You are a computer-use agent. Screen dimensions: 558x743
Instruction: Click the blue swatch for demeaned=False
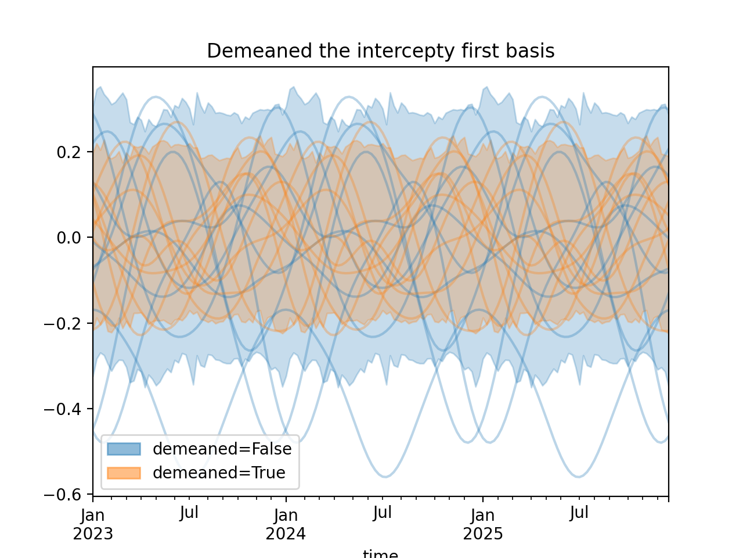124,449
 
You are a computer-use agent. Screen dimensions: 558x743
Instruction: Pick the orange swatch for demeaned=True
124,473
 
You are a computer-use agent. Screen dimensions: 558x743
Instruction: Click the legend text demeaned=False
222,449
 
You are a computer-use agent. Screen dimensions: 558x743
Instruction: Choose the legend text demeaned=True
219,473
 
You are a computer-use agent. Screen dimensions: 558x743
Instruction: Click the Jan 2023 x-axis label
93,524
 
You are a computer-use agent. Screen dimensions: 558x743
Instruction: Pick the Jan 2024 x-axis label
286,524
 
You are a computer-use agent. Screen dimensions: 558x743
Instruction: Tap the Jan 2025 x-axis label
483,524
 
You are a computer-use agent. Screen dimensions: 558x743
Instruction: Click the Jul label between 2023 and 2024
189,513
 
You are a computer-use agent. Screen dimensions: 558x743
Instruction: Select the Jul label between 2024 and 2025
383,513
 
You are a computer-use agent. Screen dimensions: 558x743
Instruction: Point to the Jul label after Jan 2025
579,513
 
